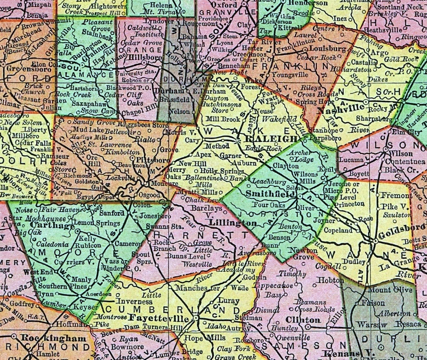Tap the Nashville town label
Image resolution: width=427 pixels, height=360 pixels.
click(x=348, y=111)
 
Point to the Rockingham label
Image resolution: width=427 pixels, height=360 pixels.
click(x=60, y=338)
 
